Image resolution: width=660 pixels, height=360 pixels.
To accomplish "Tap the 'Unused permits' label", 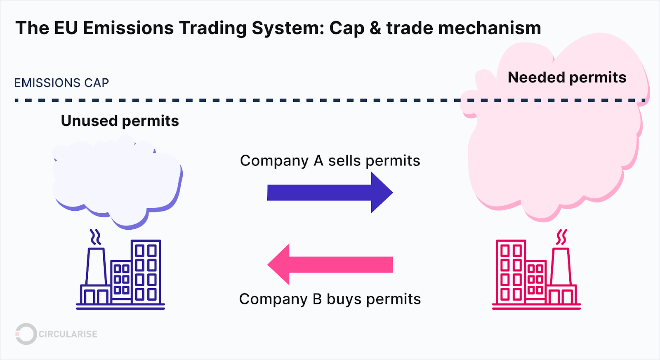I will coord(120,121).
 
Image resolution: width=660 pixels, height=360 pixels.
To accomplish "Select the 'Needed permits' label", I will coord(567,78).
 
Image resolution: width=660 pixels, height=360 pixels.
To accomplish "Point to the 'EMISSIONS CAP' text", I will coord(61,83).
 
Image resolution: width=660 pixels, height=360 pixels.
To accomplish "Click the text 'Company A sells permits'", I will coord(330,160).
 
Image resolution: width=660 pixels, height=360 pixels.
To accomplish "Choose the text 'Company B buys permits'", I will coord(330,299).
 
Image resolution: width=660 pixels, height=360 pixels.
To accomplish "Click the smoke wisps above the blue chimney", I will coord(96,237).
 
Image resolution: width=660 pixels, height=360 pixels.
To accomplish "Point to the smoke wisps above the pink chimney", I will coord(561,237).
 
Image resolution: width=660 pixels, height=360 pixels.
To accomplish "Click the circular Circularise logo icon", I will coord(26,334).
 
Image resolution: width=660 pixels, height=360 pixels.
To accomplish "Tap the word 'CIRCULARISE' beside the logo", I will coord(68,334).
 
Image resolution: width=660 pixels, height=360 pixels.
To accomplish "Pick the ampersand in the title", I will coord(375,28).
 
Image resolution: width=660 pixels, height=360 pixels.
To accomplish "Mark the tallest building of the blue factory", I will coord(146,272).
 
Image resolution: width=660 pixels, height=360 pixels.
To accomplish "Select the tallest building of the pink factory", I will coord(511,272).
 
